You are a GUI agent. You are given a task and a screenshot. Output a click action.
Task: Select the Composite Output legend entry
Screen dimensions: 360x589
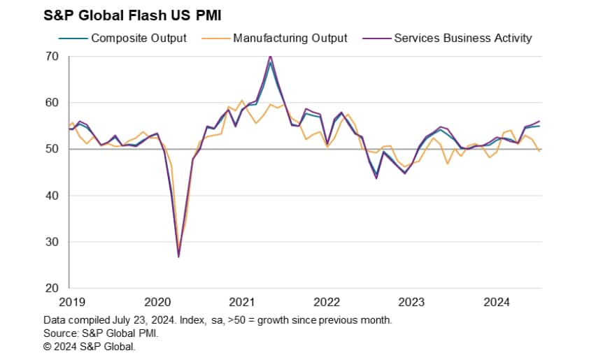(x=139, y=38)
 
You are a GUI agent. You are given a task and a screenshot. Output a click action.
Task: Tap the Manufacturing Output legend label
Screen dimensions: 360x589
(x=290, y=38)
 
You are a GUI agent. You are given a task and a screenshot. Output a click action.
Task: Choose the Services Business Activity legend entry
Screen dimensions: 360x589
(x=462, y=38)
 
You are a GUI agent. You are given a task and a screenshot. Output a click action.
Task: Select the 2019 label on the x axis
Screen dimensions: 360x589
(x=72, y=302)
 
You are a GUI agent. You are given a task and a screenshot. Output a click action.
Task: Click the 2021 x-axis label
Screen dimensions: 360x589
(x=242, y=302)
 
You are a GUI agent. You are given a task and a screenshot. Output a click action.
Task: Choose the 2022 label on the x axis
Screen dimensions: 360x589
(x=327, y=302)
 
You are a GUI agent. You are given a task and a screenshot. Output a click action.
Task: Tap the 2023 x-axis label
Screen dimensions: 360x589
(x=411, y=302)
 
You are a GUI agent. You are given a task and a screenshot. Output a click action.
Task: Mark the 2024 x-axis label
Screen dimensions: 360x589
(x=497, y=302)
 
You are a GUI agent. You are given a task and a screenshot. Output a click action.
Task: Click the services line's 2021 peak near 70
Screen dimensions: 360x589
(x=270, y=56)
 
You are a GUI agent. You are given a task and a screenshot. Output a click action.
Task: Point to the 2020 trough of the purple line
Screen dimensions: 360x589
(x=178, y=257)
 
